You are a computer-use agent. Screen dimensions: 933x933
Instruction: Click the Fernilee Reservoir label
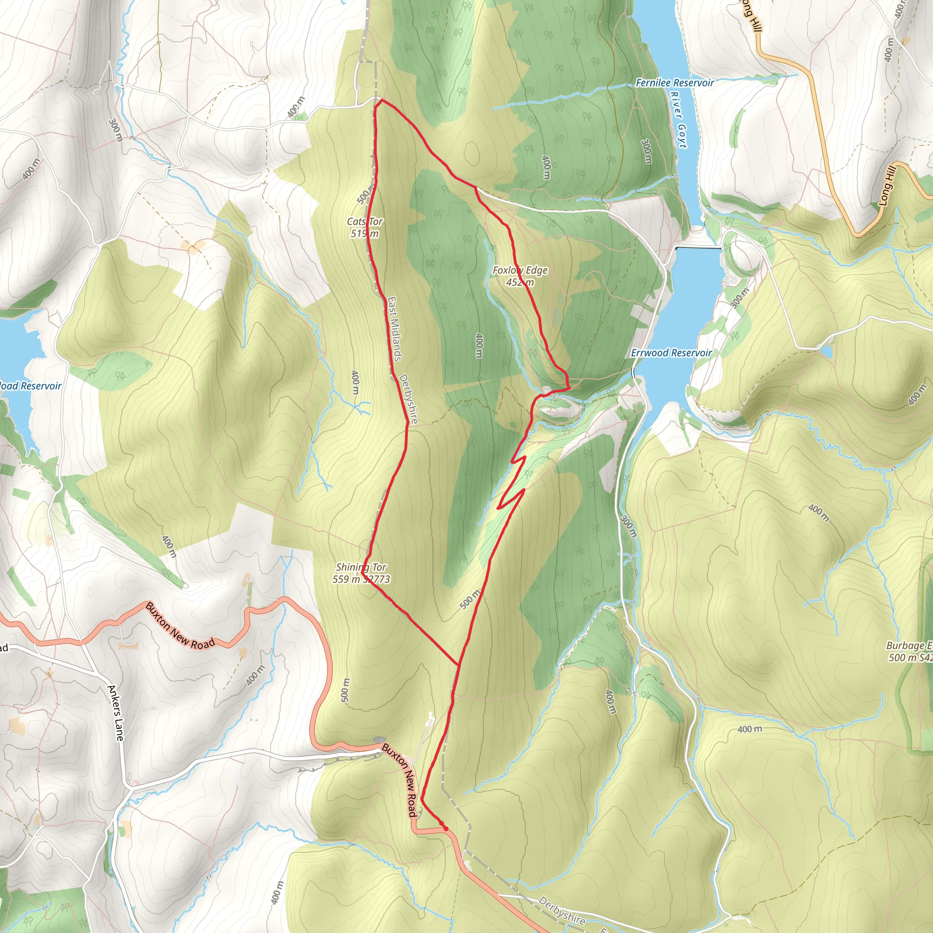674,83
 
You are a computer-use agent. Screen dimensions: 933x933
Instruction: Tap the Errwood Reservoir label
671,353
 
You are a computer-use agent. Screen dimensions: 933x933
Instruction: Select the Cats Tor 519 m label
364,227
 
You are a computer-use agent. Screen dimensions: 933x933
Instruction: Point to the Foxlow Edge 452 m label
520,276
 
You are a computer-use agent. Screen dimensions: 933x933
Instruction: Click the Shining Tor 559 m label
361,573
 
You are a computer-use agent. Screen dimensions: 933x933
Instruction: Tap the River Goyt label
678,119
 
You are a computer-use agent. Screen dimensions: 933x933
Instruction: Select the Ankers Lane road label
116,713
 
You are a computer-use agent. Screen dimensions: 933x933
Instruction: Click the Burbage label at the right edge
908,651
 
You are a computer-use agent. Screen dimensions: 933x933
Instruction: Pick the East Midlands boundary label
395,328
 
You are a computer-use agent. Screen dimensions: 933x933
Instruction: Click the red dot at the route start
446,829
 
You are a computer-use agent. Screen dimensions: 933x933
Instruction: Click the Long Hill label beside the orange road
887,186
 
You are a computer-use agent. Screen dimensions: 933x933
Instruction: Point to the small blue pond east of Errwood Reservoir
826,351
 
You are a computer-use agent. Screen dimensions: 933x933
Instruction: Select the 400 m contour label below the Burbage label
749,729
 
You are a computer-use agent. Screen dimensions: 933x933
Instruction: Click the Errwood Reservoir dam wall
698,248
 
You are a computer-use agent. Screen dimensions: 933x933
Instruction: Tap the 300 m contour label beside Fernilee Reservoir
646,151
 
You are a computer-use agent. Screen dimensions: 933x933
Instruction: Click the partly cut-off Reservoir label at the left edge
30,386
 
